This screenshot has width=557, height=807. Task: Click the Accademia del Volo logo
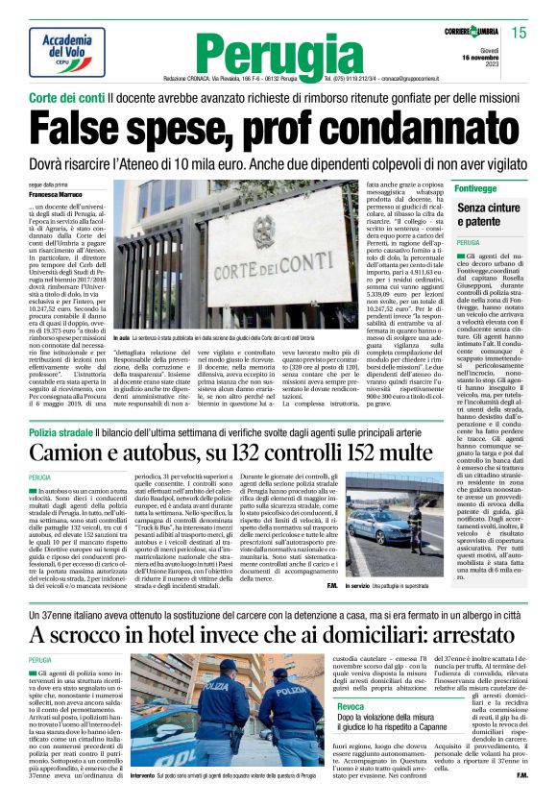pyautogui.click(x=67, y=51)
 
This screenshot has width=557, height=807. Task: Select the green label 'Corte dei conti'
pyautogui.click(x=65, y=98)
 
